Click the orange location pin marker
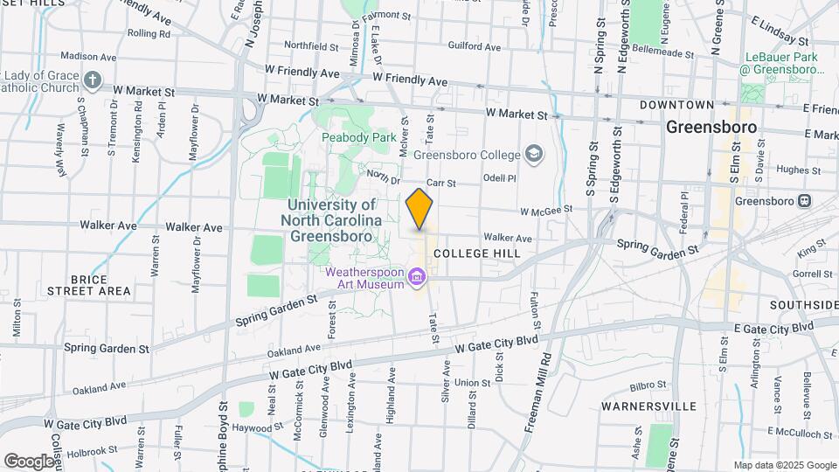tap(419, 208)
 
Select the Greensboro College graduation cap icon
tap(532, 155)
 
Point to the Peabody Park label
tap(352, 137)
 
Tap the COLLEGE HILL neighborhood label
tap(476, 253)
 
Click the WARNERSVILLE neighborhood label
tap(648, 406)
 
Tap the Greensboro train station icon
tap(803, 200)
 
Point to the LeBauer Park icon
tap(752, 91)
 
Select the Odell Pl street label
tap(500, 177)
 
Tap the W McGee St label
tap(546, 211)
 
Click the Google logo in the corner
tap(28, 461)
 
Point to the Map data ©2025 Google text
tap(784, 465)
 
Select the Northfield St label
tap(310, 45)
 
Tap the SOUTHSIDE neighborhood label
tap(803, 305)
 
